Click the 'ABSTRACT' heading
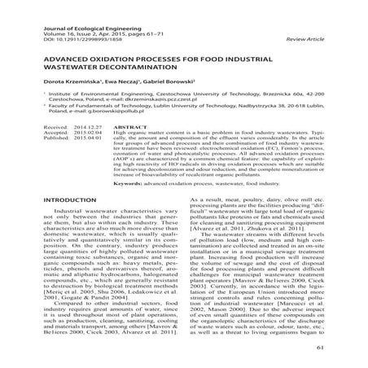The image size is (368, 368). (131, 151)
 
